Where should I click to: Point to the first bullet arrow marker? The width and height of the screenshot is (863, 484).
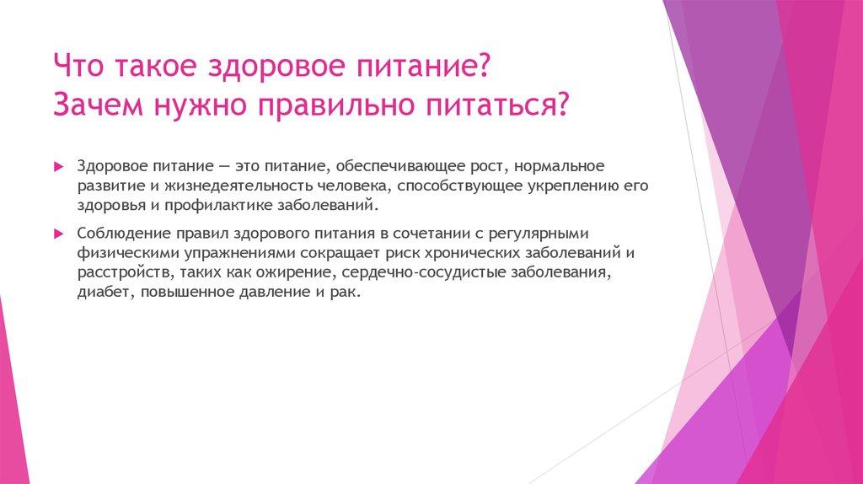pyautogui.click(x=58, y=167)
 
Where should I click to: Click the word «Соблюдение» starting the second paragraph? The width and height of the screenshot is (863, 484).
pyautogui.click(x=116, y=234)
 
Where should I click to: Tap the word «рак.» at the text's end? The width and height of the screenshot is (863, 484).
pyautogui.click(x=345, y=293)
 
